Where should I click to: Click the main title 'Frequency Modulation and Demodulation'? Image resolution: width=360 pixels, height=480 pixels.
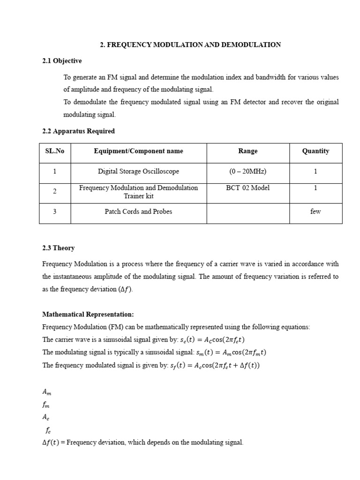tap(190, 45)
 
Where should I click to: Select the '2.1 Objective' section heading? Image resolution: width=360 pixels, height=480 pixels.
tap(62, 61)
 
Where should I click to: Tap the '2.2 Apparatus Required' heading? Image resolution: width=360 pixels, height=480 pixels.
tap(78, 131)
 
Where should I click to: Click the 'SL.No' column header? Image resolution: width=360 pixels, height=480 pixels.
tap(55, 151)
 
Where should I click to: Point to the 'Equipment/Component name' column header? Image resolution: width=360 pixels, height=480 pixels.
tap(138, 151)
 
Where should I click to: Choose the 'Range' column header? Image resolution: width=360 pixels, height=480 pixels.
tap(247, 151)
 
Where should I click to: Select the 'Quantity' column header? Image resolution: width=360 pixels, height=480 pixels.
tap(315, 151)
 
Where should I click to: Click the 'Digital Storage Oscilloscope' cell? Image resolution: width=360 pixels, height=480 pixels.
tap(138, 172)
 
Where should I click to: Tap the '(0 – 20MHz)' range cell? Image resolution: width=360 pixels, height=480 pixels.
tap(247, 172)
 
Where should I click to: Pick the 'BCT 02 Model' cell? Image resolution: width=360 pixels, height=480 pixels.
tap(247, 188)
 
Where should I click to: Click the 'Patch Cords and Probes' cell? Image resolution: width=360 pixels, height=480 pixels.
tap(138, 211)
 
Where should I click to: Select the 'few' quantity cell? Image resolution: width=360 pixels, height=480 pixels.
tap(315, 211)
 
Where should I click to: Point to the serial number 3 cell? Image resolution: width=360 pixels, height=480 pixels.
tap(55, 211)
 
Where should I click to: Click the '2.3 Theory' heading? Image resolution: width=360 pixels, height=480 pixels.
tap(58, 248)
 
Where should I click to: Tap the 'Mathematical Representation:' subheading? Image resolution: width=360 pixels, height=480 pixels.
tap(88, 315)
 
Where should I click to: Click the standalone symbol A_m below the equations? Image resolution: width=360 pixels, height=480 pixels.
tap(47, 391)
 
